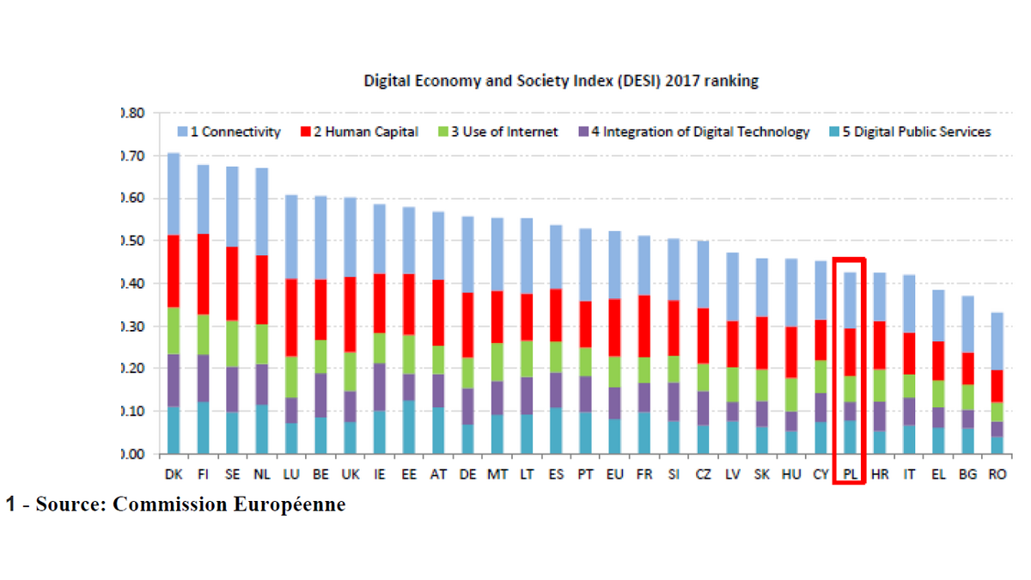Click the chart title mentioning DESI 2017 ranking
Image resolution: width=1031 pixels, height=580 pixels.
pos(562,81)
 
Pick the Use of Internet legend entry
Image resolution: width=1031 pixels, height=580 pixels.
pos(498,131)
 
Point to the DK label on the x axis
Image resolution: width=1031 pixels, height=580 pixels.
pos(173,474)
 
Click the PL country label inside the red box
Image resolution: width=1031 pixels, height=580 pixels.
pos(849,474)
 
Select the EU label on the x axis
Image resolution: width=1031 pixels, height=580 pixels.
pos(615,474)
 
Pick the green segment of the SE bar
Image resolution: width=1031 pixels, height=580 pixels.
pos(231,344)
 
